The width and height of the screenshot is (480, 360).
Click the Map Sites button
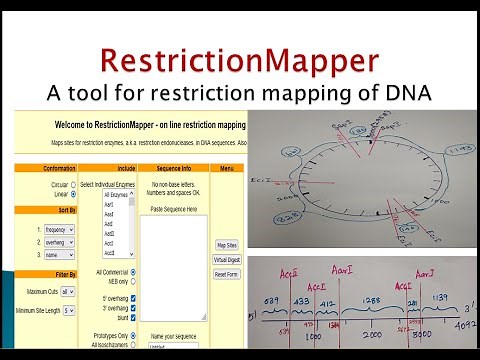[x=226, y=244]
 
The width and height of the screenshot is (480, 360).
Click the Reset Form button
[x=226, y=274]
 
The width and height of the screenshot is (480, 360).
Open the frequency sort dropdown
[x=51, y=228]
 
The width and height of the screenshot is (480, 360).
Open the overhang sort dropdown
[x=51, y=241]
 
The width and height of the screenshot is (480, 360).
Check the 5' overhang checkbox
[x=134, y=297]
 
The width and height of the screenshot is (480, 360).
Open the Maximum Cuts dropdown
[x=67, y=291]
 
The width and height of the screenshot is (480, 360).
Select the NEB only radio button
[x=134, y=281]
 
